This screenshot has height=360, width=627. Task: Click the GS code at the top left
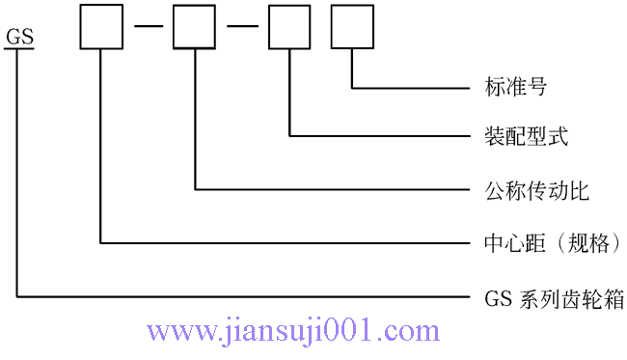(x=19, y=38)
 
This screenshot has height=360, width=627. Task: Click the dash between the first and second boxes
(x=147, y=27)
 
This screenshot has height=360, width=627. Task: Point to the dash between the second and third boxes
(x=241, y=27)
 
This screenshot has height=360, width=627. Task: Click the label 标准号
(x=515, y=88)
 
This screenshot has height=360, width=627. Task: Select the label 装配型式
(x=526, y=136)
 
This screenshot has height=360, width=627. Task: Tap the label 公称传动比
(x=536, y=190)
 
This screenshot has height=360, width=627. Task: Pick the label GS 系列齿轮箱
(x=554, y=299)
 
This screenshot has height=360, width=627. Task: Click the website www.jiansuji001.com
(x=293, y=332)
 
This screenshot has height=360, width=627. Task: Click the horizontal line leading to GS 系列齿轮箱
(x=241, y=297)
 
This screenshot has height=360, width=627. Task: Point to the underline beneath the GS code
(x=19, y=50)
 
